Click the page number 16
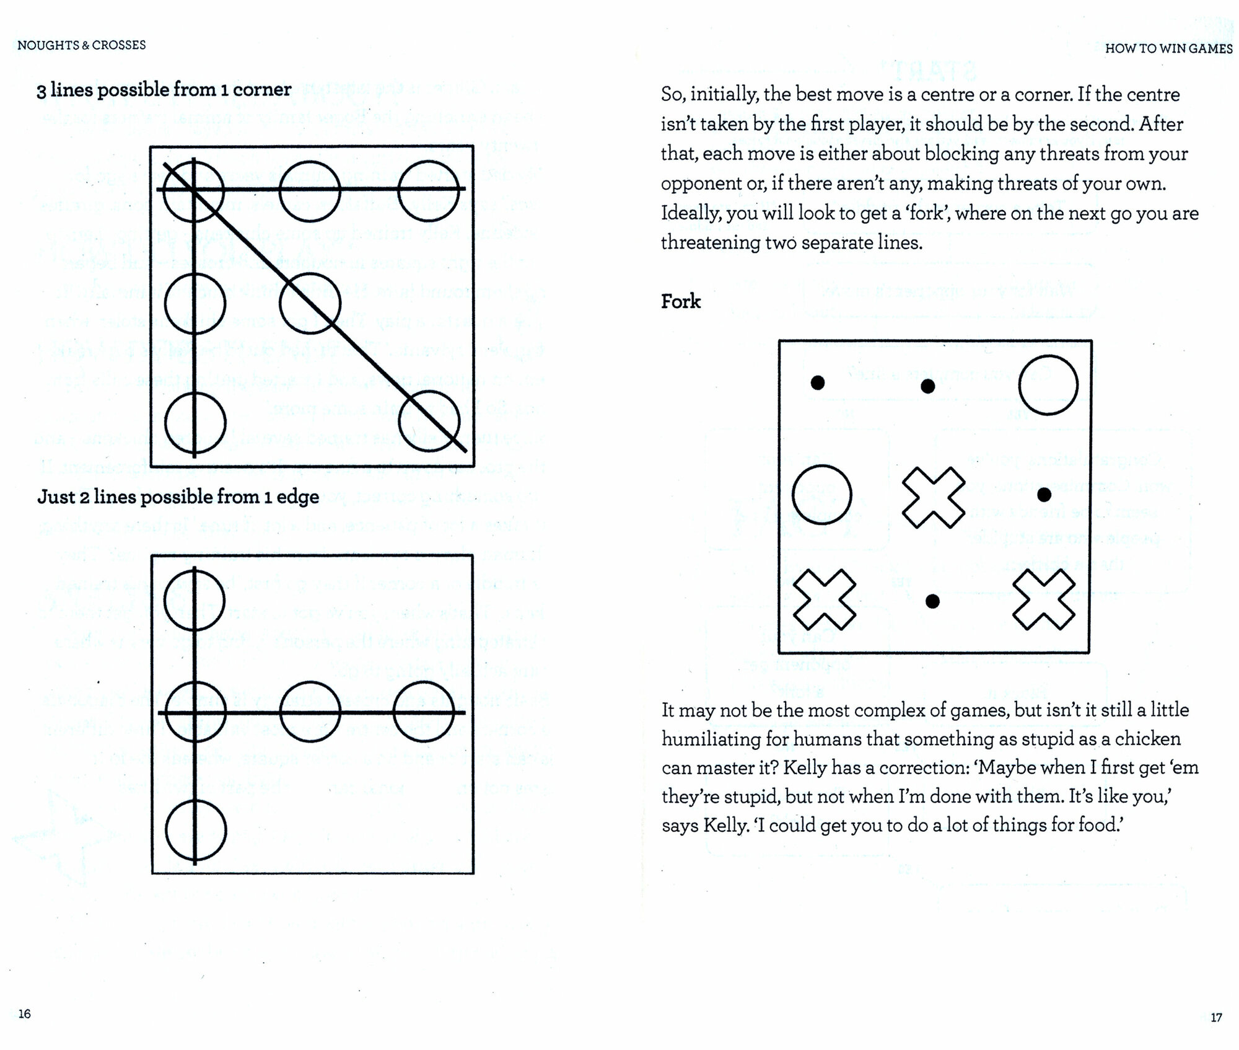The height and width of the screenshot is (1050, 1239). coord(25,1014)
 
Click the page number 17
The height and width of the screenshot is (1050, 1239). coord(1216,1017)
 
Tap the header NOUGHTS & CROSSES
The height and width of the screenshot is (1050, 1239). coord(82,45)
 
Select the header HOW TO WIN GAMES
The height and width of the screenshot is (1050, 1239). coord(1168,48)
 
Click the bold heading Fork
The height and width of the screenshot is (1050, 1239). coord(680,302)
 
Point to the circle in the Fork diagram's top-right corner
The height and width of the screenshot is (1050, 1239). coord(1048,385)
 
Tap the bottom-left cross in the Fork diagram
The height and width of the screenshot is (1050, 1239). coord(824,599)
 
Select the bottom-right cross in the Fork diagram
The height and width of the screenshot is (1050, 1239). coord(1044,599)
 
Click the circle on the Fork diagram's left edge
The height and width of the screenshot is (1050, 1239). coord(822,495)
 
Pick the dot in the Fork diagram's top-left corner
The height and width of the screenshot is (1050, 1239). coord(818,383)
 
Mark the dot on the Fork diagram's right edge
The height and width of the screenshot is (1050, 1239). coord(1044,495)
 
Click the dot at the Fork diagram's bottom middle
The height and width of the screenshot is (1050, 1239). coord(932,601)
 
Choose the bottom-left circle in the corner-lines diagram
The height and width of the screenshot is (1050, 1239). coord(195,423)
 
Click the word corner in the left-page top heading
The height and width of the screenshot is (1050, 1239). coord(262,89)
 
